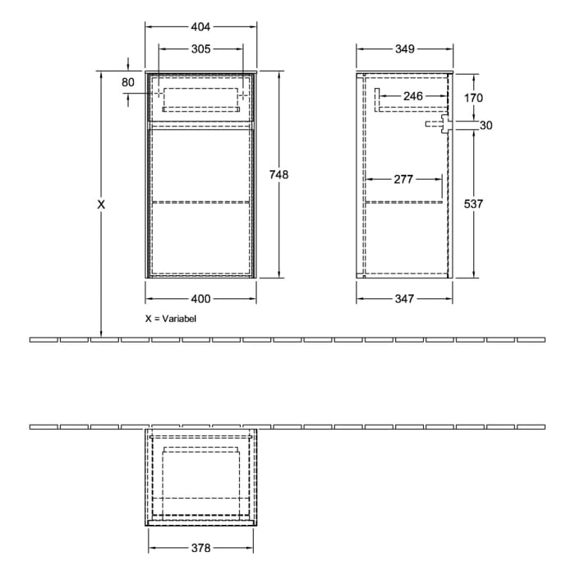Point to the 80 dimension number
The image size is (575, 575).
(x=128, y=81)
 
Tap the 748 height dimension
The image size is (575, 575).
(x=279, y=174)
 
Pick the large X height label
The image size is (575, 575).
(x=101, y=205)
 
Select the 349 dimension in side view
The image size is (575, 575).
(x=403, y=49)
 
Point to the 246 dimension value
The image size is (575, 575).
(x=413, y=97)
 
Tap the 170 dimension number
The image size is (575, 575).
(x=473, y=98)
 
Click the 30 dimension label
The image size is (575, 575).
(x=485, y=126)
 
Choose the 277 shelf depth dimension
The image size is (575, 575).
(x=403, y=179)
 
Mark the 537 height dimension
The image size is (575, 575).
(x=473, y=205)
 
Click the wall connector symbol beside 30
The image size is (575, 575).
(x=441, y=125)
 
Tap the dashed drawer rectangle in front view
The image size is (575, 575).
(x=200, y=98)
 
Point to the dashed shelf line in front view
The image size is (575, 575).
(x=200, y=200)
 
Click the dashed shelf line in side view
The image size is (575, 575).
(x=405, y=200)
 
